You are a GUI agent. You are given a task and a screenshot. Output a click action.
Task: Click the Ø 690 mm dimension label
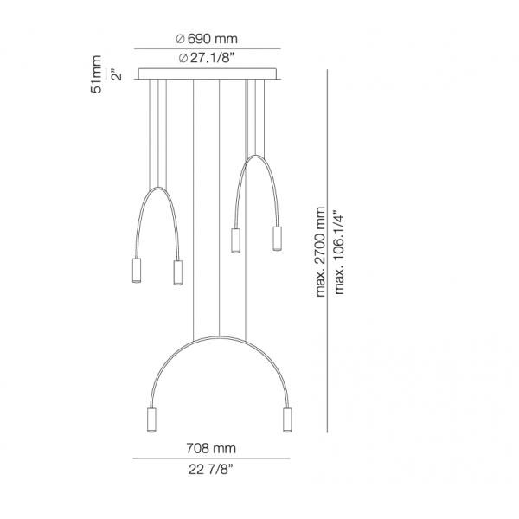pos(207,39)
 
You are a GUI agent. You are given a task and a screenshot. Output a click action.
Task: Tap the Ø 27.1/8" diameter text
pos(207,58)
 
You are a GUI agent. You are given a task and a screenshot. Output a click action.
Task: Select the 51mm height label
pos(96,74)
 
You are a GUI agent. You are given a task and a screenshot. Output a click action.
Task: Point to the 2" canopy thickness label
pos(117,74)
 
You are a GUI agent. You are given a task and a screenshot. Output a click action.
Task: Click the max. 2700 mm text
pos(320,252)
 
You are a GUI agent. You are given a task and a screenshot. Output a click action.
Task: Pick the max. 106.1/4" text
pos(339,252)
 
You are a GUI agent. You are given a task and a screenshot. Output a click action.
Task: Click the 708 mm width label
pos(211,448)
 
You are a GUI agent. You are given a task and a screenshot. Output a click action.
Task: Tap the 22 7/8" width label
pos(211,469)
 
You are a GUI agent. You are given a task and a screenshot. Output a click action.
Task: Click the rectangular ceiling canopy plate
pos(208,74)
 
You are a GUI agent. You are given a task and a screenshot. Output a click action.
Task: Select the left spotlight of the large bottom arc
pos(151,420)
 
